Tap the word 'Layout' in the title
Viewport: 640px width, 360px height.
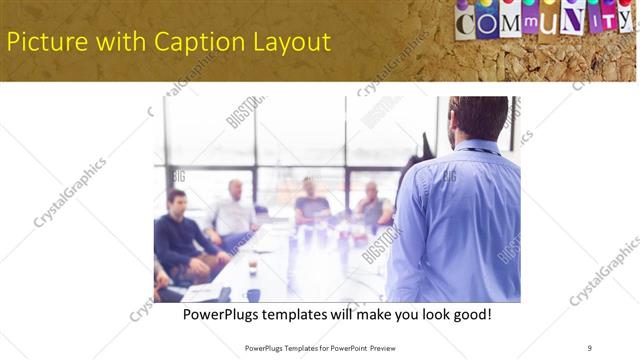tap(290, 42)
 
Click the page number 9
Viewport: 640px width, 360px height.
tap(589, 348)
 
